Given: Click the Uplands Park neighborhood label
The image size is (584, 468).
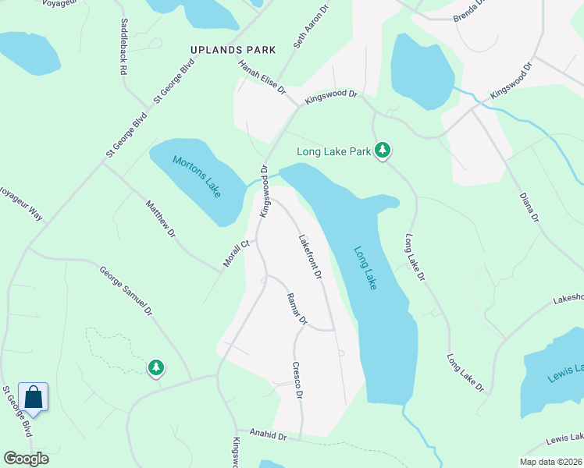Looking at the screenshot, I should (233, 50).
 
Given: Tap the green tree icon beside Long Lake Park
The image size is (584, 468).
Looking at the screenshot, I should (382, 149).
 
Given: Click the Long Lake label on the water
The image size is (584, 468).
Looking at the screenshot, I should (365, 269).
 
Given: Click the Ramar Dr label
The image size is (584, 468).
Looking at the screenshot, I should (297, 309).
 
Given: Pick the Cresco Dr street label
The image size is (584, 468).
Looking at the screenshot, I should (297, 380).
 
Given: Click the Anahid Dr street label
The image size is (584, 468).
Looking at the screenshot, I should (269, 434).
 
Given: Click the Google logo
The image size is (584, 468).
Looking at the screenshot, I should (27, 459).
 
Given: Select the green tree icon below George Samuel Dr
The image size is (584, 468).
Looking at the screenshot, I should (156, 367).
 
